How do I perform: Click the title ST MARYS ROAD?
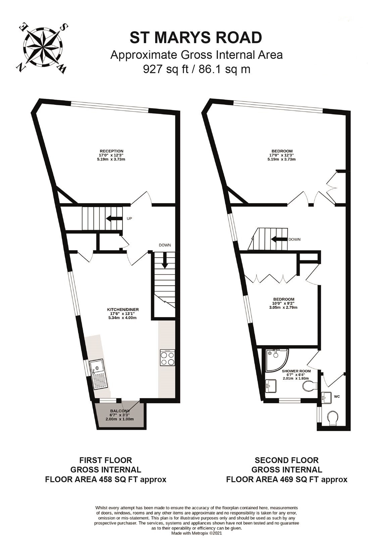[x=196, y=38]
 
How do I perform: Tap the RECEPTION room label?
[x=111, y=151]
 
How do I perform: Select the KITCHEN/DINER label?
[x=123, y=310]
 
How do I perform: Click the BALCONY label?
[x=120, y=411]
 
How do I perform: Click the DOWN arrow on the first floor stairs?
[x=165, y=260]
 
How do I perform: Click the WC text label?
[x=337, y=396]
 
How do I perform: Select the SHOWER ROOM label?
[x=296, y=371]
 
